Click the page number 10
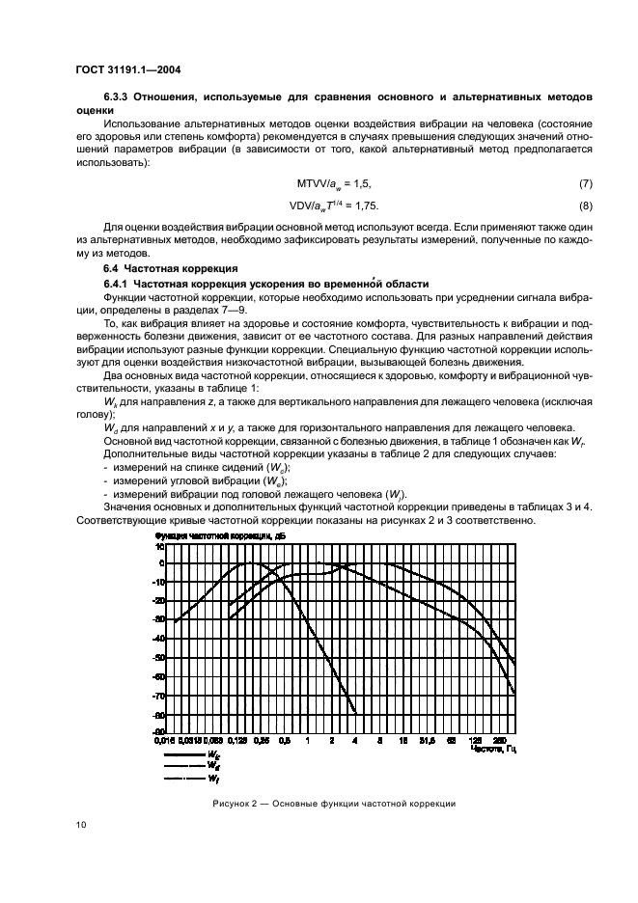point(80,824)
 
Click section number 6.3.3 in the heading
point(121,98)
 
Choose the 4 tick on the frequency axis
point(355,740)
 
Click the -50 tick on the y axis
point(160,657)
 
